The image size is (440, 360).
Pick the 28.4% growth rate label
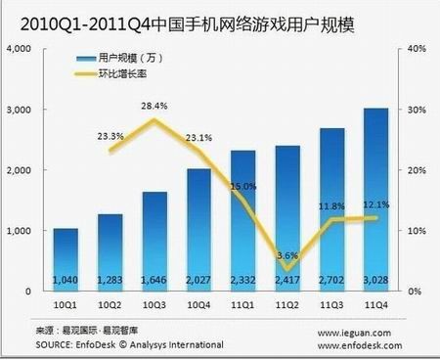[x=153, y=106]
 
